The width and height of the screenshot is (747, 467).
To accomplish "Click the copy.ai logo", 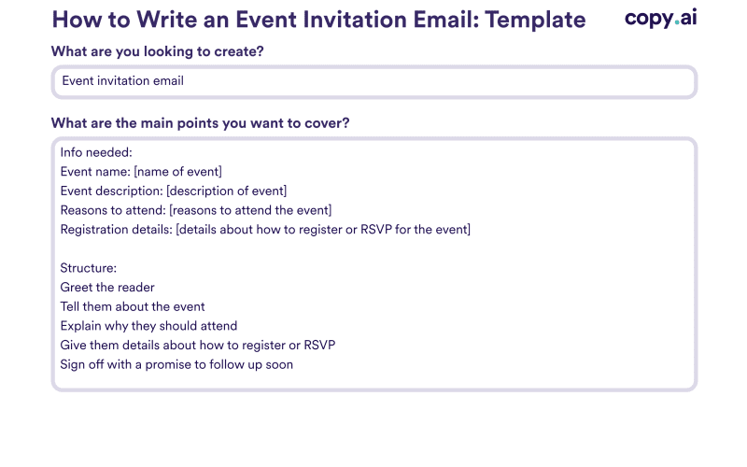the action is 661,19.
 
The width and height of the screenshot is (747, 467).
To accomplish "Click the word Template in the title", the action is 535,21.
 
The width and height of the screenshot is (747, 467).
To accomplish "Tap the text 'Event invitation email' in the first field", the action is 123,81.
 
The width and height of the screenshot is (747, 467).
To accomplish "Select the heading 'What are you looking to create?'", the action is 157,51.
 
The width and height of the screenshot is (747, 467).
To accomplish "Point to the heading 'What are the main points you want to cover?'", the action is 200,123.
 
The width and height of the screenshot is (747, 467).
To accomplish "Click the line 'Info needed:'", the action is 96,152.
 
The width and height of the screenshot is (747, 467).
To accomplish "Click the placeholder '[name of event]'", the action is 177,172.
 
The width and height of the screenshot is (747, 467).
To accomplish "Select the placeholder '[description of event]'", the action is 226,191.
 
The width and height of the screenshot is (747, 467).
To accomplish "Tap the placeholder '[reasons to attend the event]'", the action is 250,210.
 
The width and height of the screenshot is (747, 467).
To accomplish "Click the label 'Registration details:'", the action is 116,230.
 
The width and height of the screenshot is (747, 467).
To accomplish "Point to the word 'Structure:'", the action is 88,268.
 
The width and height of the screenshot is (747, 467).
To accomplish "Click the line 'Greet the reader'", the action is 107,288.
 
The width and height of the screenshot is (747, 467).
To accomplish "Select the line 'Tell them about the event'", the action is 133,306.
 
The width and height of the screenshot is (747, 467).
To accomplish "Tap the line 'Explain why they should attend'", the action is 148,326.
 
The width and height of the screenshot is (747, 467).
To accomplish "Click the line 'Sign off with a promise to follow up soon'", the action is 176,364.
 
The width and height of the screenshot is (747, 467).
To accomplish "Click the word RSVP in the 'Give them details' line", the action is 319,345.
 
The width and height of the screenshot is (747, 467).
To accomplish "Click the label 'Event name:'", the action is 95,172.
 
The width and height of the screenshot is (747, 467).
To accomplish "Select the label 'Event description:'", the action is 111,191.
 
